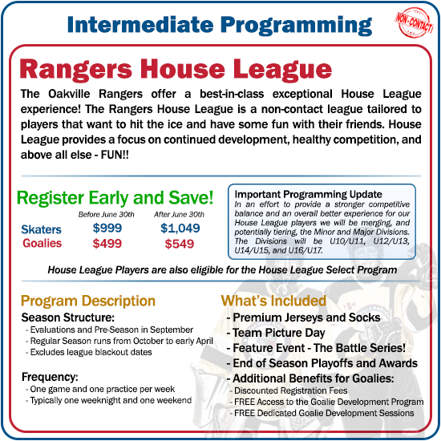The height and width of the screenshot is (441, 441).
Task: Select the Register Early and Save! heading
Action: point(115,196)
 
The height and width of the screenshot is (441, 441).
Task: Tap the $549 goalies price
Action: point(180,244)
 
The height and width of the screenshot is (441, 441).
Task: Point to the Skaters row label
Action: point(41,230)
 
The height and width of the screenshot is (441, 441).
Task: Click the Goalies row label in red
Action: point(42,244)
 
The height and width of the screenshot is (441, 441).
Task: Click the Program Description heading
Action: point(88,301)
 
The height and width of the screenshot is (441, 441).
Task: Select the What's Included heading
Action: point(273,301)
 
